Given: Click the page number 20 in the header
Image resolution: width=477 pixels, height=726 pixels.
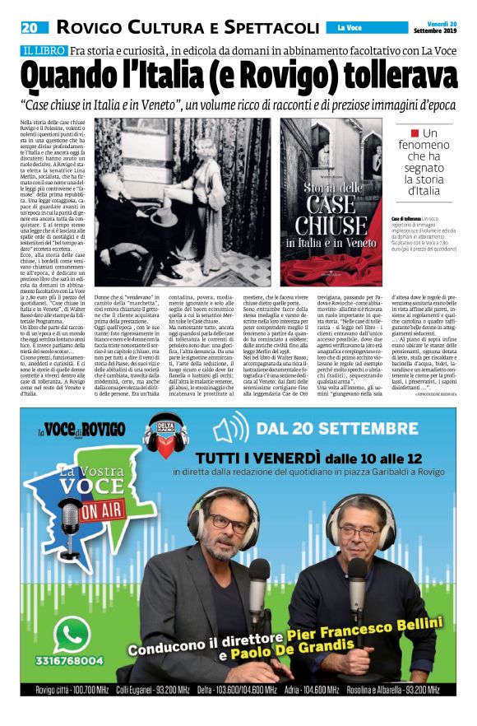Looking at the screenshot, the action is [29, 27].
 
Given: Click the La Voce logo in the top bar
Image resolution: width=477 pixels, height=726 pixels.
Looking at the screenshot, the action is [351, 28].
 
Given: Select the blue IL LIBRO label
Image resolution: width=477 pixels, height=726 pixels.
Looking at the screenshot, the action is [44, 51].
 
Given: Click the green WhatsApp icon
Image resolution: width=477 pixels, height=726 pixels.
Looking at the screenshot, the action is [76, 634].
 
